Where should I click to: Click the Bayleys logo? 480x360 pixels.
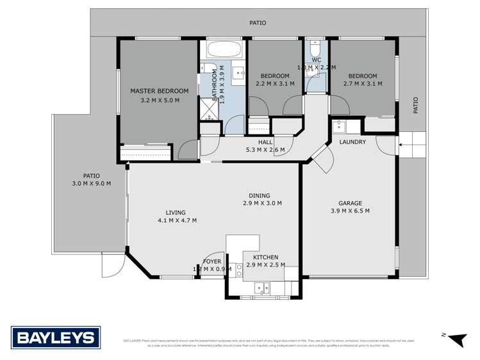pos(54,337)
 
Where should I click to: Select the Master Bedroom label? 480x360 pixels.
pos(159,91)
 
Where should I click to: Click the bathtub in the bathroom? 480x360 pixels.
pos(224,49)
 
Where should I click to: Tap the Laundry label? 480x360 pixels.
pos(352,142)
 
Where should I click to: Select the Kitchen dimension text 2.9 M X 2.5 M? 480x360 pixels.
pos(264,265)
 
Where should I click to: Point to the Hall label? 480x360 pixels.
pos(266,142)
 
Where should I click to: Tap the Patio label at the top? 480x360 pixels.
pos(258,23)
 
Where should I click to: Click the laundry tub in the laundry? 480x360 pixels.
pos(338,126)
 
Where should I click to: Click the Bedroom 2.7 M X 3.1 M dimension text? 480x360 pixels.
pos(363,83)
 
